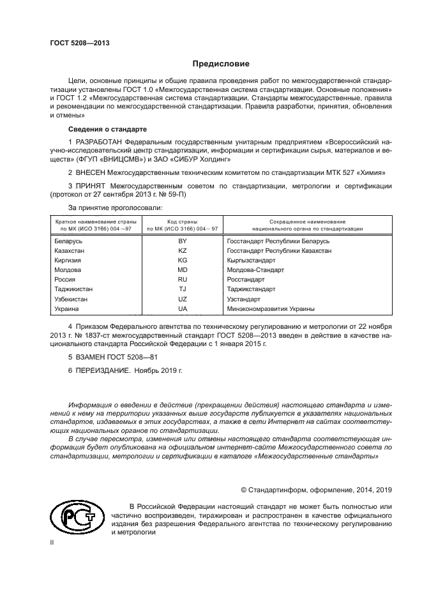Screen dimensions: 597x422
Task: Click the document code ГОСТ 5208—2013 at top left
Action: (x=80, y=43)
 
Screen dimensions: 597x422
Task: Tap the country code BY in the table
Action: (x=183, y=241)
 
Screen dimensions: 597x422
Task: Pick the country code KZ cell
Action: (x=183, y=251)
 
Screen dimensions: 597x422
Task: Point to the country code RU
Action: (x=183, y=280)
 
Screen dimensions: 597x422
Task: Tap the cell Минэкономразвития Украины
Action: (x=271, y=308)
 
